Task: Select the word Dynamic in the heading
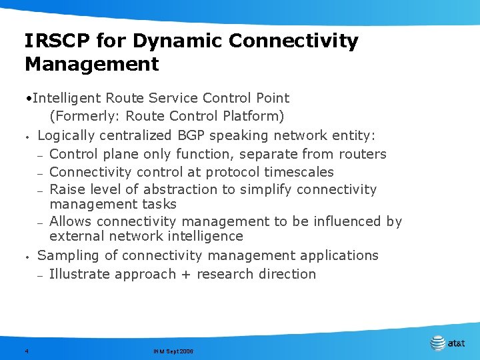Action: (176, 41)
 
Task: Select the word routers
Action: (363, 154)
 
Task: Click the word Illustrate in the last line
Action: (81, 274)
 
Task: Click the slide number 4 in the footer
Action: (26, 351)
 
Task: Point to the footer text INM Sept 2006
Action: (173, 351)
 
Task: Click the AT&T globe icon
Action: (437, 343)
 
